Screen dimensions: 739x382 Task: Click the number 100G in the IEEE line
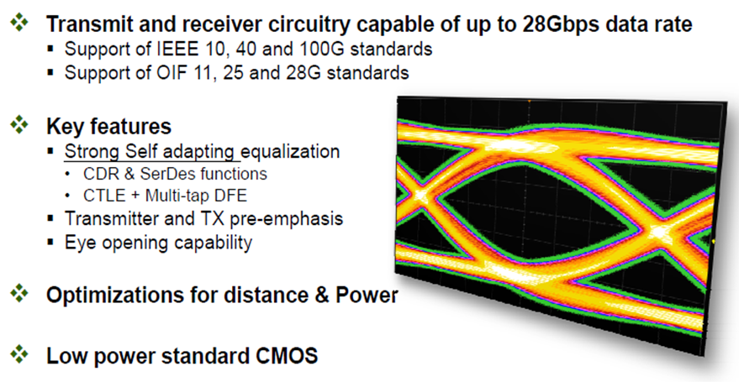click(326, 49)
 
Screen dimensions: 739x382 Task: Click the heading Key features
click(108, 126)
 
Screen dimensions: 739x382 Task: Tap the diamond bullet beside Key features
click(18, 125)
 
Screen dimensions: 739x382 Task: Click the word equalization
click(290, 152)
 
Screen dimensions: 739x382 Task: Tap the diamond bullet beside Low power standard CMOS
click(18, 353)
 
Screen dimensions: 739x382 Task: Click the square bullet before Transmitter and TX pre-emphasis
click(51, 218)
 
